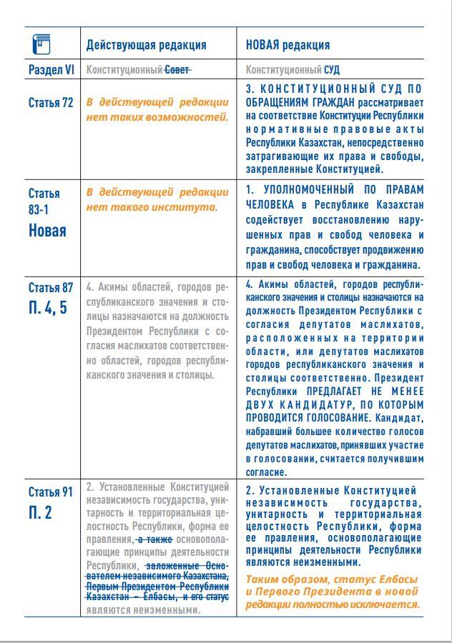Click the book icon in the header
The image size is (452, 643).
pyautogui.click(x=42, y=44)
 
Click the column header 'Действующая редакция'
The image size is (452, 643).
pyautogui.click(x=146, y=45)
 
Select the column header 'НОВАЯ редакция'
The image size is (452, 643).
pyautogui.click(x=288, y=45)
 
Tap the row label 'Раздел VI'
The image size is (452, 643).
pyautogui.click(x=51, y=71)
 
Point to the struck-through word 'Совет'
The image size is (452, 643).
pyautogui.click(x=178, y=71)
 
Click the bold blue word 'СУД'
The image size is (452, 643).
pyautogui.click(x=332, y=71)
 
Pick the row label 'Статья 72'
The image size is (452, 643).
pyautogui.click(x=51, y=102)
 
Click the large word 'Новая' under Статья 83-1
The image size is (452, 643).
pyautogui.click(x=47, y=230)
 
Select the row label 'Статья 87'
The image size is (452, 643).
pyautogui.click(x=51, y=288)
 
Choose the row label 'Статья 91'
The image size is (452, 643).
pyautogui.click(x=51, y=492)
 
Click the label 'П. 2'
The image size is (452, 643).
pyautogui.click(x=40, y=513)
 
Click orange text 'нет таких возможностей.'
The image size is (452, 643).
pyautogui.click(x=157, y=116)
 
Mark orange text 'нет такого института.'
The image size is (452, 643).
pyautogui.click(x=152, y=206)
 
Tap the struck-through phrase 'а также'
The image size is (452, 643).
pyautogui.click(x=151, y=539)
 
